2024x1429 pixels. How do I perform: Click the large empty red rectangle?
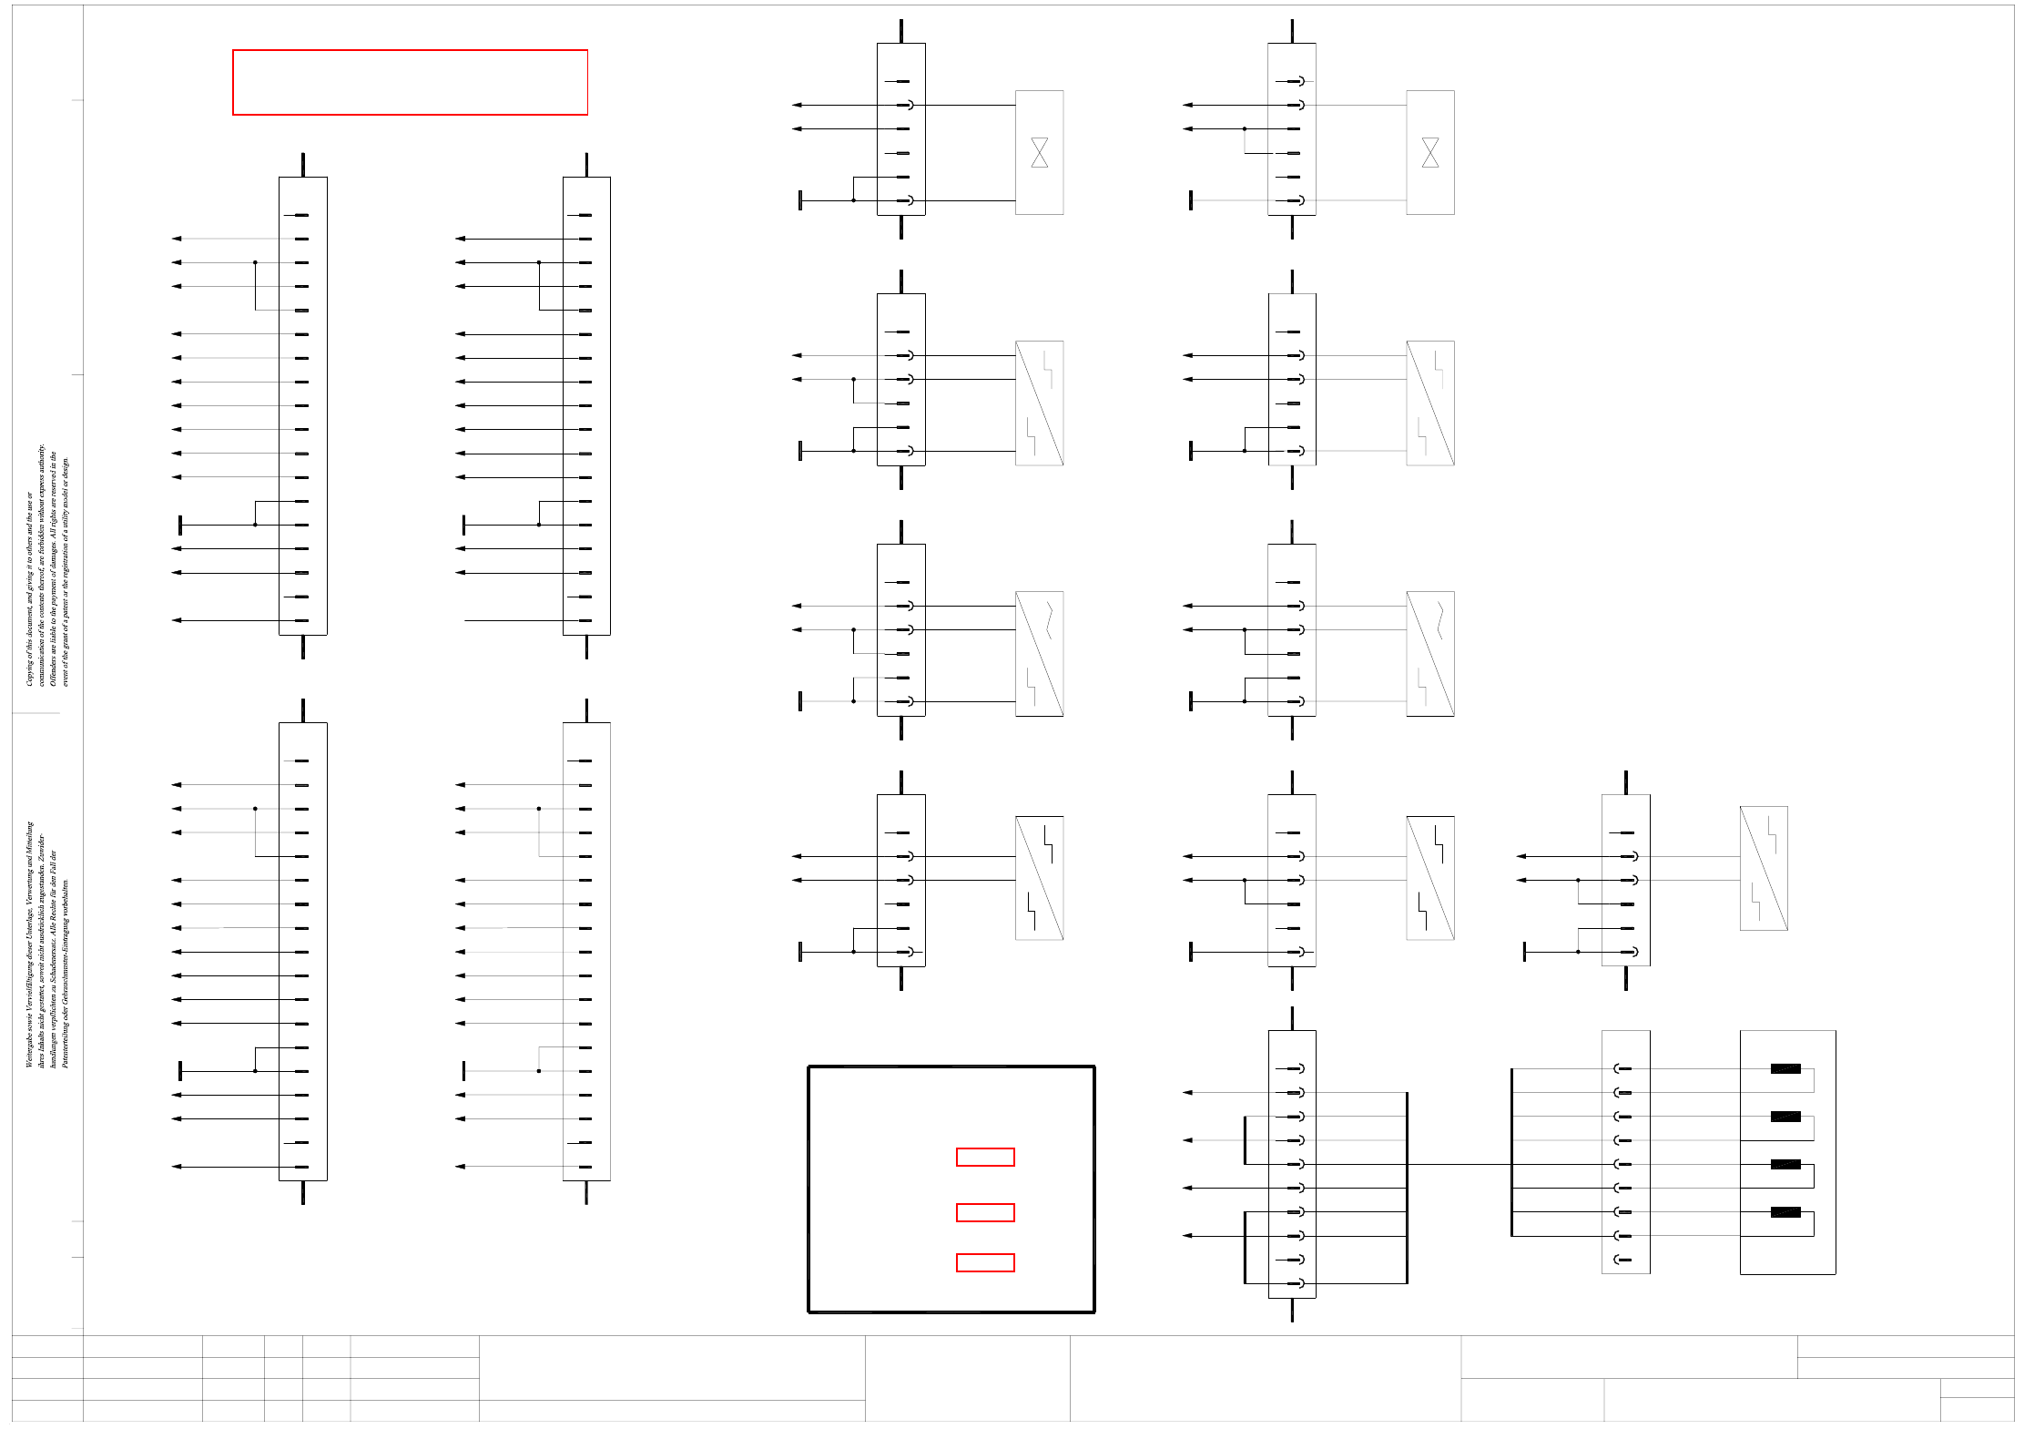[x=410, y=82]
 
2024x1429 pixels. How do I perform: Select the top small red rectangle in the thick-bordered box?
[x=985, y=1157]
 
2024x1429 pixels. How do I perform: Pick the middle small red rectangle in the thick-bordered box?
[x=985, y=1212]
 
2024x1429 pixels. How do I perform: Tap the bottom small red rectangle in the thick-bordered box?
[x=985, y=1262]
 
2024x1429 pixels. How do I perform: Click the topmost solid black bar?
[x=1785, y=1068]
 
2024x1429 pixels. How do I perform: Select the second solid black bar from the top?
[x=1785, y=1117]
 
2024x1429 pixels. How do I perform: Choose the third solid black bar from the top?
[x=1785, y=1164]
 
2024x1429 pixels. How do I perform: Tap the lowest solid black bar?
[x=1785, y=1212]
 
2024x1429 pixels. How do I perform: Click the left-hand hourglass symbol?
[x=1039, y=152]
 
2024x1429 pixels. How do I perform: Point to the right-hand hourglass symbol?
[x=1429, y=152]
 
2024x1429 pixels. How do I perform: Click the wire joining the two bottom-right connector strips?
[x=1457, y=1164]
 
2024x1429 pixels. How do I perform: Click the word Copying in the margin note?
[x=29, y=671]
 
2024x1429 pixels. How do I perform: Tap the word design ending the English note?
[x=66, y=465]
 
